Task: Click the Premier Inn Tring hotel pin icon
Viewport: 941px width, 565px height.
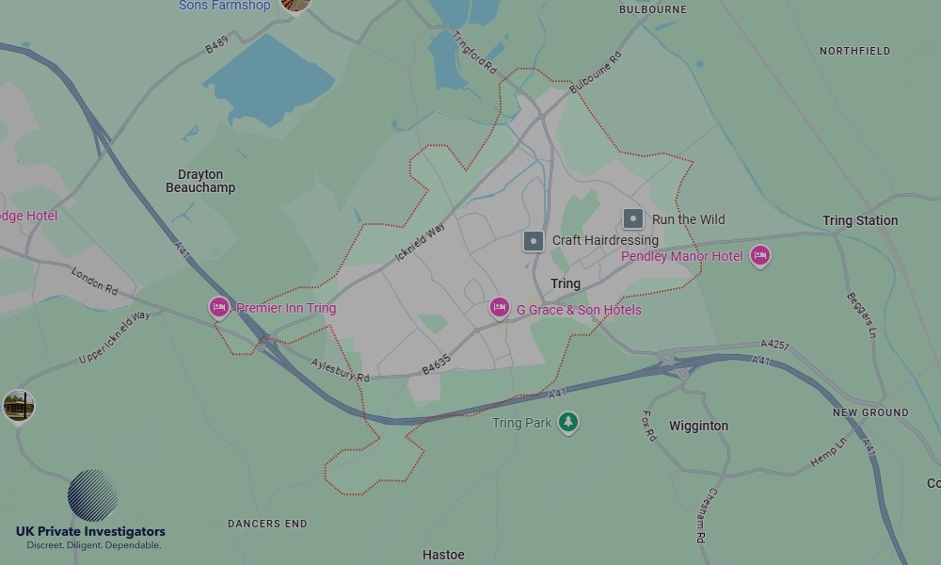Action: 219,307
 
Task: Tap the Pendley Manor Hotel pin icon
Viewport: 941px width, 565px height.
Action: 760,255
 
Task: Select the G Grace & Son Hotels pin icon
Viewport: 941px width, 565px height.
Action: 500,308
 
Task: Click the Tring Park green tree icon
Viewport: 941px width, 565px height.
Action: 567,422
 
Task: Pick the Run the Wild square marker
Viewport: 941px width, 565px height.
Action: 633,219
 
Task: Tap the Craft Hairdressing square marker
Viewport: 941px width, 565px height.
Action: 534,241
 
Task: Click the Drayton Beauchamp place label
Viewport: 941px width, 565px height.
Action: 200,181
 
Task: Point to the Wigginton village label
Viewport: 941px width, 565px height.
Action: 698,426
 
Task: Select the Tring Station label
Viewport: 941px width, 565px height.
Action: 860,220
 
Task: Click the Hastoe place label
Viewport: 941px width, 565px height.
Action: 443,555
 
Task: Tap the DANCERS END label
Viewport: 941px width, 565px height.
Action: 267,524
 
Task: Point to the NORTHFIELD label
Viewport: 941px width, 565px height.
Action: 854,51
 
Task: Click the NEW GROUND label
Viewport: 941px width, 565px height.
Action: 870,412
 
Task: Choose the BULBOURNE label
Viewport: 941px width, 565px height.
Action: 652,9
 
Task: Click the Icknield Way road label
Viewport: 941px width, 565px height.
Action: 421,241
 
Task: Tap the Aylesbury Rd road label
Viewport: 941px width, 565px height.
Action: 341,369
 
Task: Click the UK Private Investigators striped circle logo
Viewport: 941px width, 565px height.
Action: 92,495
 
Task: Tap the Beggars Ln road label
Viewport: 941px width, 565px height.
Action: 861,315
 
